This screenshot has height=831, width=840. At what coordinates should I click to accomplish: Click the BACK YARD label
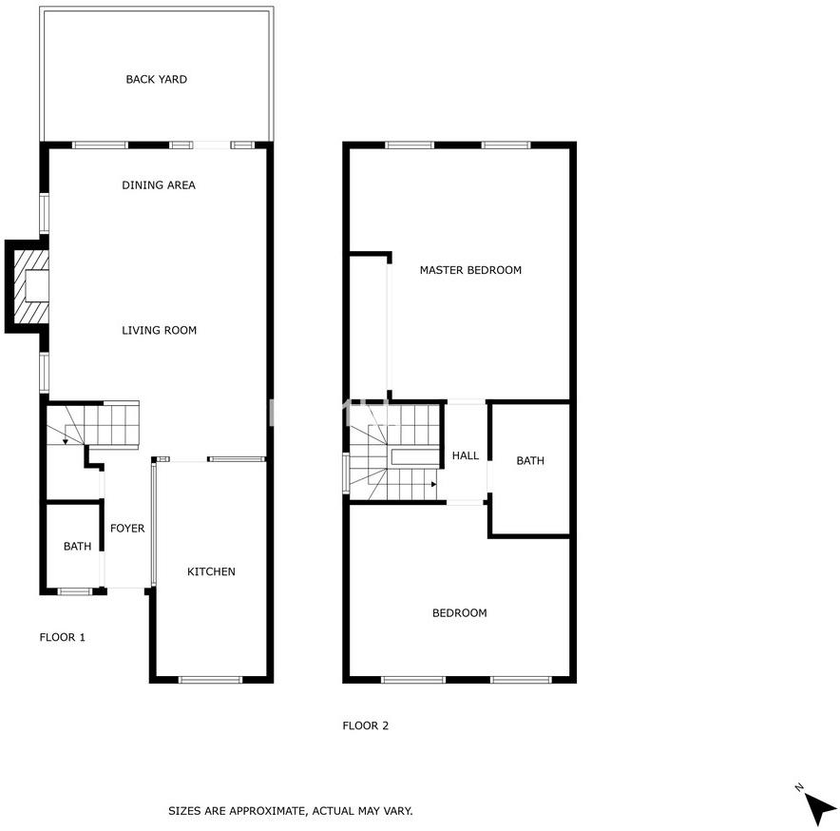pyautogui.click(x=157, y=79)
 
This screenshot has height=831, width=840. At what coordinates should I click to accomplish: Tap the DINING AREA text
pyautogui.click(x=159, y=185)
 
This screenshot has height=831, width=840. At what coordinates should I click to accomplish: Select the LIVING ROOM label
pyautogui.click(x=159, y=330)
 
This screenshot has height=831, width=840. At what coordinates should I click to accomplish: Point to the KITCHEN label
pyautogui.click(x=211, y=571)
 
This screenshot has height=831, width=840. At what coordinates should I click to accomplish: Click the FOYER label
pyautogui.click(x=127, y=528)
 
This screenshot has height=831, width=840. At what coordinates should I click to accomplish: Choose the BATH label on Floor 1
pyautogui.click(x=77, y=547)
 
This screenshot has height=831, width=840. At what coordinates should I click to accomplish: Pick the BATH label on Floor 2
pyautogui.click(x=530, y=460)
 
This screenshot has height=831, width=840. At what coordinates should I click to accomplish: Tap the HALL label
pyautogui.click(x=466, y=455)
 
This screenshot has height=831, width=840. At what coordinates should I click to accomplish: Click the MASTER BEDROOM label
pyautogui.click(x=470, y=270)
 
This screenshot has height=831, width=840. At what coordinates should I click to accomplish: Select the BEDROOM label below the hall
pyautogui.click(x=460, y=613)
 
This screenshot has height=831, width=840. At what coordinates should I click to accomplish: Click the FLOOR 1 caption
pyautogui.click(x=62, y=637)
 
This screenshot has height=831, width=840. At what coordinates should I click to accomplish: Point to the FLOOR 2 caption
pyautogui.click(x=365, y=725)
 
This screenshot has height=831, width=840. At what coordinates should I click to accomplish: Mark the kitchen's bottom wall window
pyautogui.click(x=211, y=680)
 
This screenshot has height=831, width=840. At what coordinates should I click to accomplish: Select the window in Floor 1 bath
pyautogui.click(x=75, y=591)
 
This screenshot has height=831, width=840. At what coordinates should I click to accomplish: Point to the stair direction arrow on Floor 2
pyautogui.click(x=434, y=484)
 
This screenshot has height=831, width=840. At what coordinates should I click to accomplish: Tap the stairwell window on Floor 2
pyautogui.click(x=346, y=473)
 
